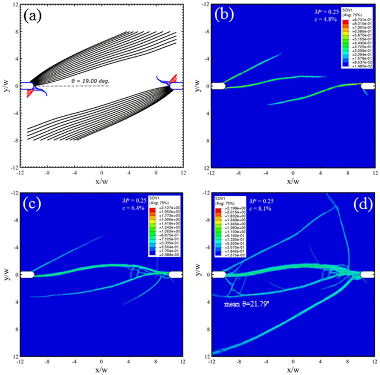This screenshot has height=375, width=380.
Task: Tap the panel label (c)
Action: (x=32, y=203)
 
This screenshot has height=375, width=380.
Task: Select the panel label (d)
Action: (x=363, y=203)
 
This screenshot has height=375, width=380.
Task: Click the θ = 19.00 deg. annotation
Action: (x=90, y=81)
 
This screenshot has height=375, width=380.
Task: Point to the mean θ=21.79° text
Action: (x=247, y=304)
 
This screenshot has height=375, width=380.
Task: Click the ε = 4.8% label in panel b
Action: (x=326, y=19)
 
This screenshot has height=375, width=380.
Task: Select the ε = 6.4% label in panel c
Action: (x=133, y=208)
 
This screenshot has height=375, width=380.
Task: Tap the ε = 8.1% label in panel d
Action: (x=260, y=209)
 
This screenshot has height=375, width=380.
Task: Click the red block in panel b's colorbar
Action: (x=345, y=22)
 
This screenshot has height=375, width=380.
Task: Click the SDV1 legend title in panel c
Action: (x=154, y=198)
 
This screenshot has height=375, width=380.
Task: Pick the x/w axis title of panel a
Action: (x=102, y=181)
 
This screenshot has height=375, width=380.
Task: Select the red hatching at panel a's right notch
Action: (x=173, y=79)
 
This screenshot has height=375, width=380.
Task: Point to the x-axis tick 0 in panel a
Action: (x=102, y=173)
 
